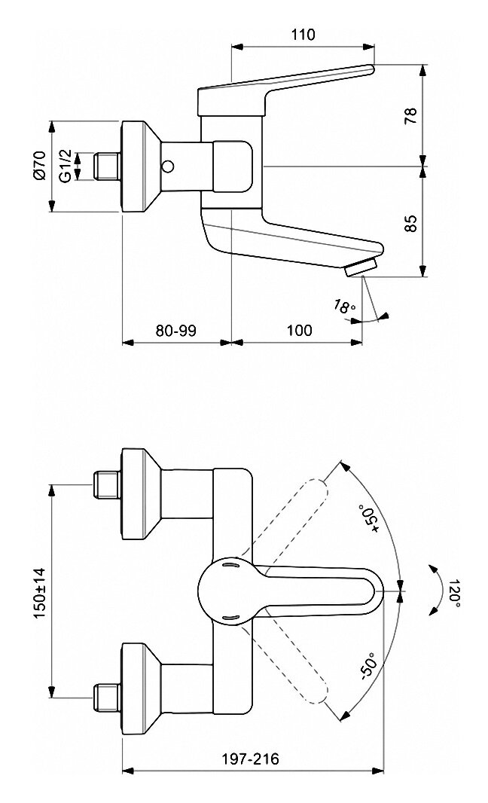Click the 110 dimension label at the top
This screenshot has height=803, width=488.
pos(303,35)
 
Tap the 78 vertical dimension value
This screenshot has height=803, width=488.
pos(410,116)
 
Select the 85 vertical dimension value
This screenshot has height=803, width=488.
pos(410,223)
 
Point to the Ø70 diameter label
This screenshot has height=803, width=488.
pos(39,166)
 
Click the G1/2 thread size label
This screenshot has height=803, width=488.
pos(65,166)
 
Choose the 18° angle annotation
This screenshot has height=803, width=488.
pos(344,307)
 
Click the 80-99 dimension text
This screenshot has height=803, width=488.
pos(176,331)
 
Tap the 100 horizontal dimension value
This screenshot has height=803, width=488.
pos(299,331)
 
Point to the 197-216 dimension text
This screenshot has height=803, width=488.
pos(251,759)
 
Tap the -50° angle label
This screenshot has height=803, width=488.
pos(369,665)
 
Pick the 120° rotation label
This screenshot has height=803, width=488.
pos(454,594)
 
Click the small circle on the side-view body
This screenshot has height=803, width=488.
pos(167,166)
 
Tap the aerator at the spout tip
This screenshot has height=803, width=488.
pos(361,268)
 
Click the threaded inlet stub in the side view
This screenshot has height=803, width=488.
pos(107,166)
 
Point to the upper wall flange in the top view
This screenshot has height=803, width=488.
pos(142,494)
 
